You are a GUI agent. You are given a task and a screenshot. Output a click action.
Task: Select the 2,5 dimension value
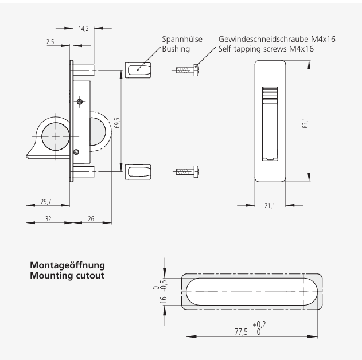(x=51, y=41)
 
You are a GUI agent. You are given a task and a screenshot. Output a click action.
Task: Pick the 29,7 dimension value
(x=46, y=202)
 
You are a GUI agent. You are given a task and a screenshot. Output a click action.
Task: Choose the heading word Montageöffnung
(x=71, y=265)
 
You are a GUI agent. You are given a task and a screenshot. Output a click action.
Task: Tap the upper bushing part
(x=138, y=71)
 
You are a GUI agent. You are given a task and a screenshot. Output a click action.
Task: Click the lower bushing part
(x=138, y=170)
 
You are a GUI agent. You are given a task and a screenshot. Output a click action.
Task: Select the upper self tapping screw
(x=187, y=71)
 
